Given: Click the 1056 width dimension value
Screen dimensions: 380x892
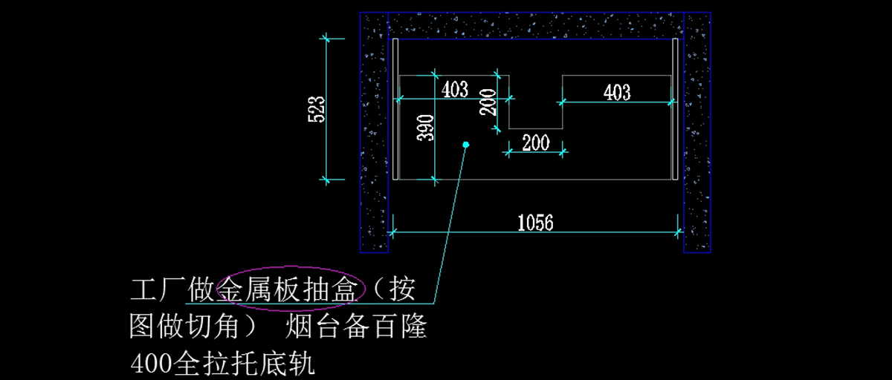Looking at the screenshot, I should [x=535, y=222].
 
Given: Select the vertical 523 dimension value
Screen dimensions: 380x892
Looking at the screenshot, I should [x=317, y=109].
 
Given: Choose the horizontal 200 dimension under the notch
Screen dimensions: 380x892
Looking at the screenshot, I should [x=535, y=142].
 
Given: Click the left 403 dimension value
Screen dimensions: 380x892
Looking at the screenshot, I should [x=455, y=90].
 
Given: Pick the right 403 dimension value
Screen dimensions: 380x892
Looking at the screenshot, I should [x=617, y=92].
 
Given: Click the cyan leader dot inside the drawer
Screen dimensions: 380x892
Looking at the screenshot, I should [x=466, y=144].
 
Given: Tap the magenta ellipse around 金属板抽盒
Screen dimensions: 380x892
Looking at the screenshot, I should [x=292, y=286].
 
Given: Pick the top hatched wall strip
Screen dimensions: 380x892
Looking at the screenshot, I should [x=535, y=25].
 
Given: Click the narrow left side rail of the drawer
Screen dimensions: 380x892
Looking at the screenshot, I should [x=396, y=109].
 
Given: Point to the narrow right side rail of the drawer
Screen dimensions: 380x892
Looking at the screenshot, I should [x=675, y=109].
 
